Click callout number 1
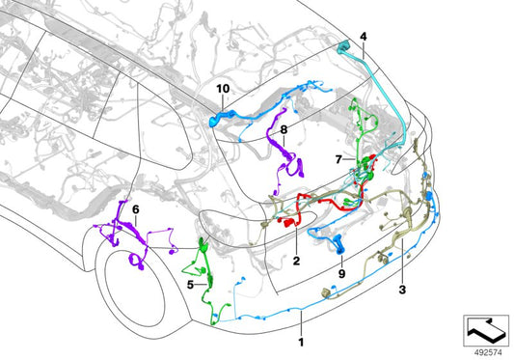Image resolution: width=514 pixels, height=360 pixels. point(301,342)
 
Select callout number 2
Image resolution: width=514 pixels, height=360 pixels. point(296,261)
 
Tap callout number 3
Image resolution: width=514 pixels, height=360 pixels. point(402,290)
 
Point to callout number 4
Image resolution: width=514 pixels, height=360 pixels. point(364,37)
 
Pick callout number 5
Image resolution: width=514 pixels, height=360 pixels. point(190,285)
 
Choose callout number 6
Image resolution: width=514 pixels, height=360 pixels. point(135,209)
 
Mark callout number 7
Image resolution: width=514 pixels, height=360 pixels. point(338,159)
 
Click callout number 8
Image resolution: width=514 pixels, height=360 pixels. point(284,129)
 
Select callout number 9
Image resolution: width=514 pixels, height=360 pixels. point(342,273)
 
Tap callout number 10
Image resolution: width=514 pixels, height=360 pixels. point(223,89)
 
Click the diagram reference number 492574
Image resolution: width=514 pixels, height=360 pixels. point(488,353)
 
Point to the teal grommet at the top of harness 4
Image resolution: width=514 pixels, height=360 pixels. point(343,47)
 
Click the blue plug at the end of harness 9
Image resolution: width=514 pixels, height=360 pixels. point(338,246)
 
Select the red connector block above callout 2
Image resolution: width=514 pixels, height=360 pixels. point(288,223)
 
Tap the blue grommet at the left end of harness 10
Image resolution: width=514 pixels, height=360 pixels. point(214,121)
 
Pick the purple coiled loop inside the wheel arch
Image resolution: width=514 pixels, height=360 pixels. point(136,261)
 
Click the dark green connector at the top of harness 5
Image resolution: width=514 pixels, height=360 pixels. point(203,243)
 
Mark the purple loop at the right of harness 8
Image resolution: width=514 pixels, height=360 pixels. point(296,167)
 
